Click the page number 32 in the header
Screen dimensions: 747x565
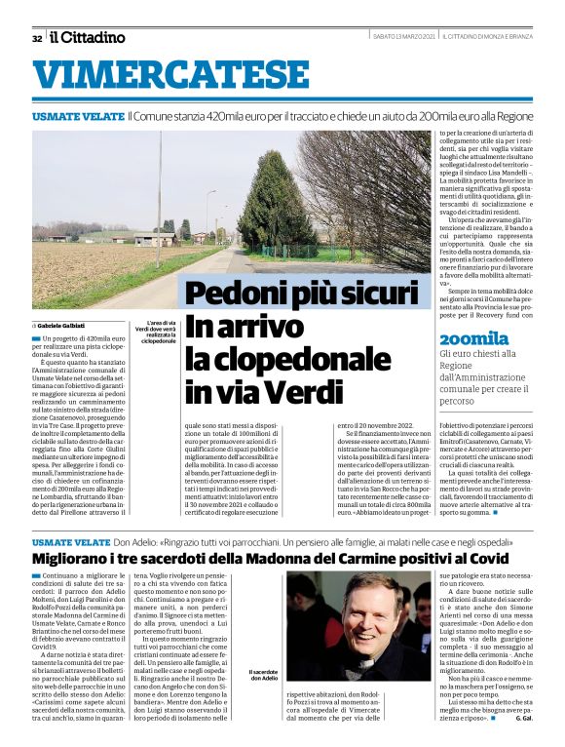coord(37,38)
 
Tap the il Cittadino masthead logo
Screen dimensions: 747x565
coord(89,37)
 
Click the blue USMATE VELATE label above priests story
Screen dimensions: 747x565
coord(71,540)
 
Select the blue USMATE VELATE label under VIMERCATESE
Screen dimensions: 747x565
coord(77,116)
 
